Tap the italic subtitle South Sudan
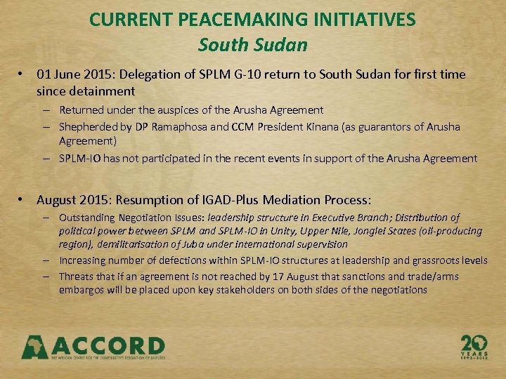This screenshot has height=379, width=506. click(253, 45)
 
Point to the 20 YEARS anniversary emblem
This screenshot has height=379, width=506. click(474, 347)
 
